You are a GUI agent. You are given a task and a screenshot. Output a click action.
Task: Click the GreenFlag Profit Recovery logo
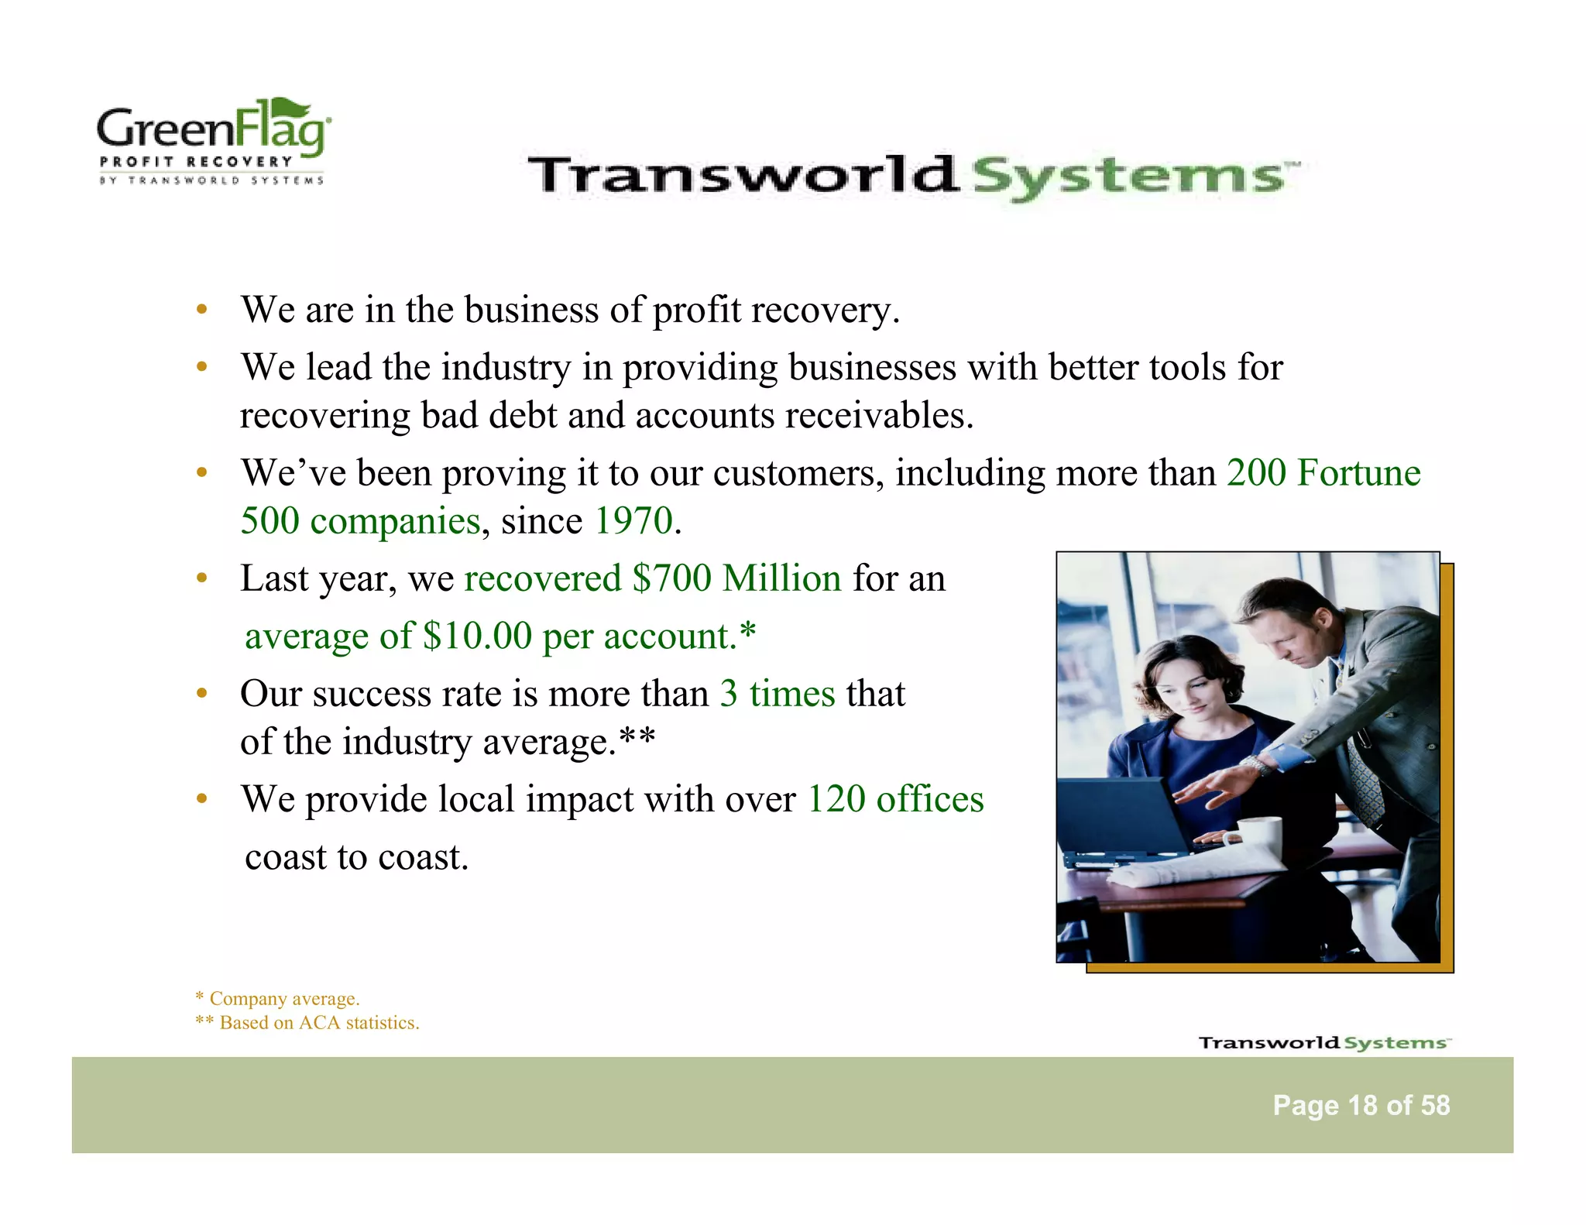[x=213, y=142]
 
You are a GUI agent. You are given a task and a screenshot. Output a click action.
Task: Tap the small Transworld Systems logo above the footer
[x=1324, y=1042]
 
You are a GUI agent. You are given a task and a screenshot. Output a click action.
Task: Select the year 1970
[x=633, y=520]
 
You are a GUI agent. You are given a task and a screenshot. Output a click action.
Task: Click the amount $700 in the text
[x=671, y=578]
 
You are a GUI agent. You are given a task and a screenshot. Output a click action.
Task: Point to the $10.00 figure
[x=478, y=637]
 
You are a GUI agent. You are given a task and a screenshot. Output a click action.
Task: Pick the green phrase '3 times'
[x=777, y=694]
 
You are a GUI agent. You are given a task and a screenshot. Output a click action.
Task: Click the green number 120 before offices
[x=836, y=799]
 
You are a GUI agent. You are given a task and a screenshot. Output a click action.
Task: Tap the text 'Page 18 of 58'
[x=1361, y=1105]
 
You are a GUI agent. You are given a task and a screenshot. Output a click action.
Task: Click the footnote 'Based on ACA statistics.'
[x=319, y=1023]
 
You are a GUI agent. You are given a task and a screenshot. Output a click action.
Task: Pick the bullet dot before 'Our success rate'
[x=201, y=694]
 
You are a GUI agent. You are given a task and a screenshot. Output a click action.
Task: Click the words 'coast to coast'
[x=356, y=857]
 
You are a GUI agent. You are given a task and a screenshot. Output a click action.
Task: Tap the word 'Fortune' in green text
[x=1358, y=472]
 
